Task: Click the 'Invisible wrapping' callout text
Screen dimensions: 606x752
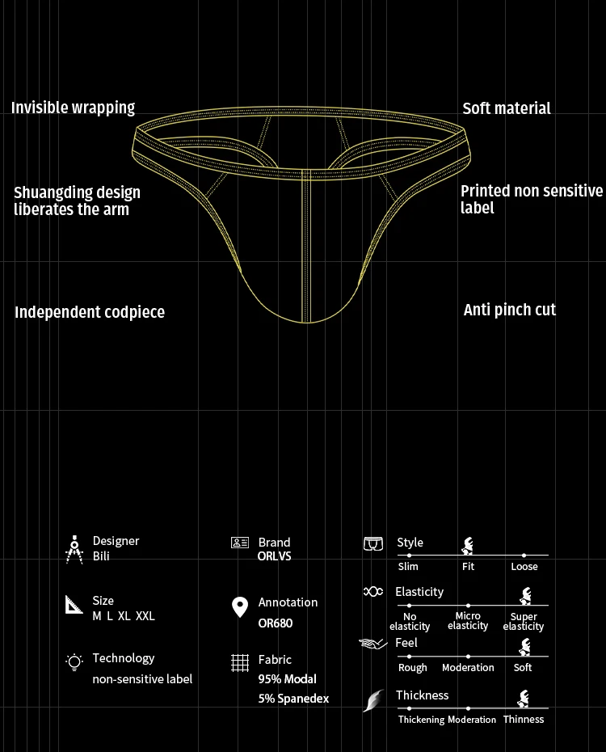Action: point(73,108)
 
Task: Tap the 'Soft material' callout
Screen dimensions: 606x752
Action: point(507,108)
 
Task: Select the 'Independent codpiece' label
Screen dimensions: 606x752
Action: point(90,312)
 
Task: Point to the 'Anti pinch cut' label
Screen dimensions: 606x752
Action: point(510,310)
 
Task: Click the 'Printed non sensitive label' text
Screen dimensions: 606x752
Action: point(532,199)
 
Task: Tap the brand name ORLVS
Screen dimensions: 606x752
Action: point(274,556)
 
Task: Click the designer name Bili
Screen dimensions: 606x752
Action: point(101,556)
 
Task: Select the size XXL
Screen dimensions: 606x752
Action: point(145,616)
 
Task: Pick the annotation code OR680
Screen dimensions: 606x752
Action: point(276,623)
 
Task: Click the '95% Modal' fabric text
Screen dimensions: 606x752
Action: point(288,679)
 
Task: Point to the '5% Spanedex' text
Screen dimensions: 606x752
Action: point(293,699)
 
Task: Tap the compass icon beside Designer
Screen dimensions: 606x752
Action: point(74,550)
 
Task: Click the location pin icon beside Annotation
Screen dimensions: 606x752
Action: point(240,607)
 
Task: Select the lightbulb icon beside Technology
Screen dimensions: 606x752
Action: point(74,661)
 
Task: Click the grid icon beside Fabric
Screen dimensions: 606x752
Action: point(240,663)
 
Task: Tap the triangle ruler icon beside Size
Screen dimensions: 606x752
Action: point(74,605)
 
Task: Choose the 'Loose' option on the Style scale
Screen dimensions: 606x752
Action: point(524,567)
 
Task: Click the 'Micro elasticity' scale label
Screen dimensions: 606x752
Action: point(468,621)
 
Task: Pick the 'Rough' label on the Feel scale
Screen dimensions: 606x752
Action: point(412,668)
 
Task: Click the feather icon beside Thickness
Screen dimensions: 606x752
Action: point(374,700)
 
